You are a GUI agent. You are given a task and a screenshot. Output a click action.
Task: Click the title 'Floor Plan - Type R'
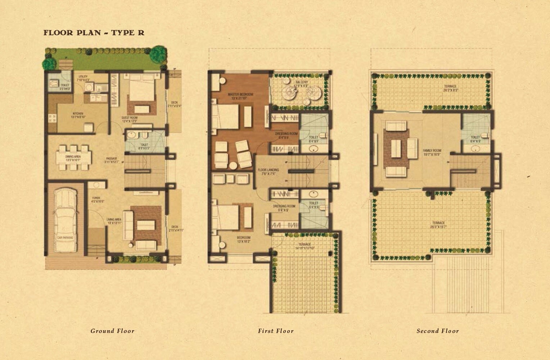(x=94, y=33)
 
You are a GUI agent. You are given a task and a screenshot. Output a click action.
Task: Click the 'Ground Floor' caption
(x=112, y=331)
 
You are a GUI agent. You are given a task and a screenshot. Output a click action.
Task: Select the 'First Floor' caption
(x=276, y=331)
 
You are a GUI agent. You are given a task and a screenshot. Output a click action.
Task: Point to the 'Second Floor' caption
(x=438, y=331)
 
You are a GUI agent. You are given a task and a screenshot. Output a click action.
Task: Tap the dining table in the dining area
(x=73, y=157)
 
